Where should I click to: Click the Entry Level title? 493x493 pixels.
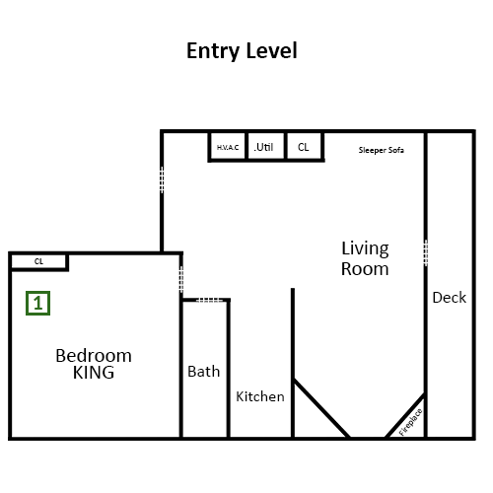point(242,51)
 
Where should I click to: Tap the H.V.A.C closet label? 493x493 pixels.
point(228,148)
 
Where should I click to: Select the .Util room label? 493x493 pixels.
point(263,147)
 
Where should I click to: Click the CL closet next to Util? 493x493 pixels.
point(304,147)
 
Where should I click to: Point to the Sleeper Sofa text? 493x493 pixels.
point(382,150)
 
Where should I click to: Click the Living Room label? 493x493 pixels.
point(365,258)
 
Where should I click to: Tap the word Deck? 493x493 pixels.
point(450,298)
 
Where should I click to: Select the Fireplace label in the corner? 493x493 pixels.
point(410,422)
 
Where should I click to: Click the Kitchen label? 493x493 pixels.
point(260,396)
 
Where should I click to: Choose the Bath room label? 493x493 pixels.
point(204,372)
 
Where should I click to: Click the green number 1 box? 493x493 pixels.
point(38,303)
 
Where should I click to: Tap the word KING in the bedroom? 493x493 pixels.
point(94,373)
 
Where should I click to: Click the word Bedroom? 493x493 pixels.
point(94,356)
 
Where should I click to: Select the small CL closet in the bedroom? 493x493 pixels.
point(38,261)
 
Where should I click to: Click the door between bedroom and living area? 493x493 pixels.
point(181,279)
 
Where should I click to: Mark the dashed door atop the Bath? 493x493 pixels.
point(209,300)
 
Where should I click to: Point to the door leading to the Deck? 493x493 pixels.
point(426,252)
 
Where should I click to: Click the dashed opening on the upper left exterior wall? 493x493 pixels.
point(162,179)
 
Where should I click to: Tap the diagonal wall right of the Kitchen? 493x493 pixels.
point(321,408)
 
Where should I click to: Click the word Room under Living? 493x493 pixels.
point(365,269)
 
